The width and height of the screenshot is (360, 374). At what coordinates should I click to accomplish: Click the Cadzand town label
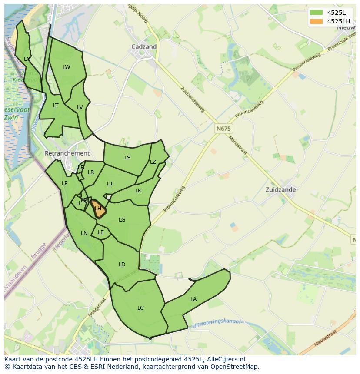144,46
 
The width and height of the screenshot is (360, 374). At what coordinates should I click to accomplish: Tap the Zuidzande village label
280,189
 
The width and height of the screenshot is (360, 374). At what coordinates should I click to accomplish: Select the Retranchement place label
67,153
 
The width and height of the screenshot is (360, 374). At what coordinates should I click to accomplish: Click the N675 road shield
223,129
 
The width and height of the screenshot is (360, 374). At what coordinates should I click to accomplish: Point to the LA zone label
193,299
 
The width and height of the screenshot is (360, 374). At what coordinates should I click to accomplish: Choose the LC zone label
140,308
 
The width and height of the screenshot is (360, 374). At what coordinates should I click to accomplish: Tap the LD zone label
122,264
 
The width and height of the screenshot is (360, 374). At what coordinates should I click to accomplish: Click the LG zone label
122,220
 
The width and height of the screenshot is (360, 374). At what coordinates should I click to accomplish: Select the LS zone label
127,158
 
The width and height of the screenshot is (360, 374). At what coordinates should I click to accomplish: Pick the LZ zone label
153,162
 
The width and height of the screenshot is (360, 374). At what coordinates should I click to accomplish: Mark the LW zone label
66,67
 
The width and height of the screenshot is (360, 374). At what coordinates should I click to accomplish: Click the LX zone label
27,59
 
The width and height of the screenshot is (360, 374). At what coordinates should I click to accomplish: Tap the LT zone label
56,106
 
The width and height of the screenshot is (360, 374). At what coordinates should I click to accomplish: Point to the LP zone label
64,183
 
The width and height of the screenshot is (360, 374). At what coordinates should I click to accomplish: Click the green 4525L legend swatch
316,13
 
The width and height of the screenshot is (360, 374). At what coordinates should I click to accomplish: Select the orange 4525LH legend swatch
316,21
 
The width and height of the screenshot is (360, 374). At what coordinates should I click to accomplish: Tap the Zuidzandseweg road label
193,99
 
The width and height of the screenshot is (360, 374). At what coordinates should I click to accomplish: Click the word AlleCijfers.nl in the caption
226,359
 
